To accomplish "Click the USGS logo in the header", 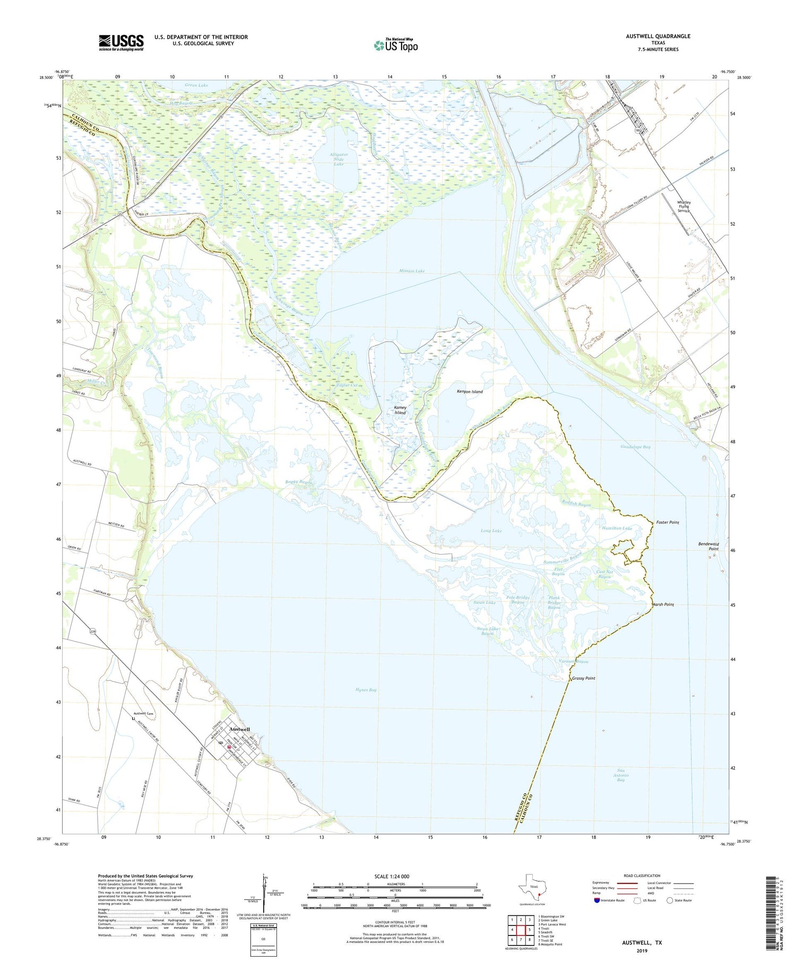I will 121,42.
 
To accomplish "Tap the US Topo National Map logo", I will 395,45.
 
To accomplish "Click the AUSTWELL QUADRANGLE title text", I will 658,36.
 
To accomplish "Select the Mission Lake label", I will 412,271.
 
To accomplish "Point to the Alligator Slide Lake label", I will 338,159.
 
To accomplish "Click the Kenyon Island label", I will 470,392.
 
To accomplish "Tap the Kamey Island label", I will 400,410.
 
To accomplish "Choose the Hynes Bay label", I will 366,690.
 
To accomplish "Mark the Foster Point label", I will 667,523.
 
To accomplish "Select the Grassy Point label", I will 583,678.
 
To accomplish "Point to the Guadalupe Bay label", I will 635,447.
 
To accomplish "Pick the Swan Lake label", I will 484,603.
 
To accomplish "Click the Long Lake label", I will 491,531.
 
